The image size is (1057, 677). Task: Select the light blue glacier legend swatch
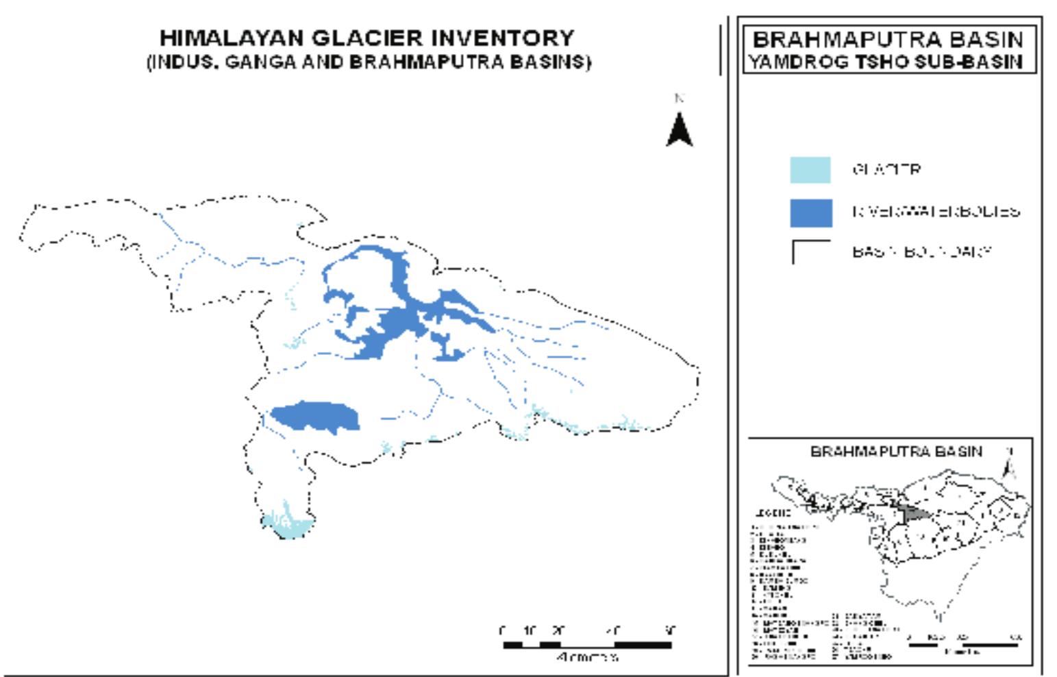point(810,170)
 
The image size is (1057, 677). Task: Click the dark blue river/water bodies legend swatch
point(811,212)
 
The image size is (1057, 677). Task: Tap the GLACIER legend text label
point(886,169)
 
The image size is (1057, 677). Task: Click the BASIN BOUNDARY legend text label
point(921,251)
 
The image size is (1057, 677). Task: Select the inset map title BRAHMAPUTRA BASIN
point(896,452)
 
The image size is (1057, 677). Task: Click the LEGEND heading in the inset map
point(773,513)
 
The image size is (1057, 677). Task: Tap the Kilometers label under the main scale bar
point(588,657)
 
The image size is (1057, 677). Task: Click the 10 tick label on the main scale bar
point(530,630)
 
